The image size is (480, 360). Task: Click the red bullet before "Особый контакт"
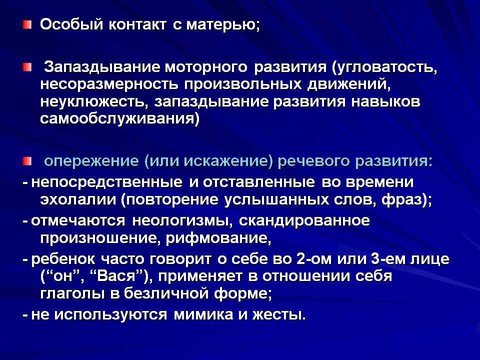click(27, 25)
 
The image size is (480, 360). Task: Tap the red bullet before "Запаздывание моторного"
click(27, 67)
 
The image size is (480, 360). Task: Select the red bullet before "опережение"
click(27, 161)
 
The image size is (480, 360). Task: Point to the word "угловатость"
click(384, 67)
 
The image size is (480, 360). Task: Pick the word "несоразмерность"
click(109, 85)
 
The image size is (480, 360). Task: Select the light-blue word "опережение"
click(91, 161)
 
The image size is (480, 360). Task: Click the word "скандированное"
click(304, 221)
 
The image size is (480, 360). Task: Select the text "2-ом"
click(314, 259)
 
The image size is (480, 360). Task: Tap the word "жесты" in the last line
click(278, 314)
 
